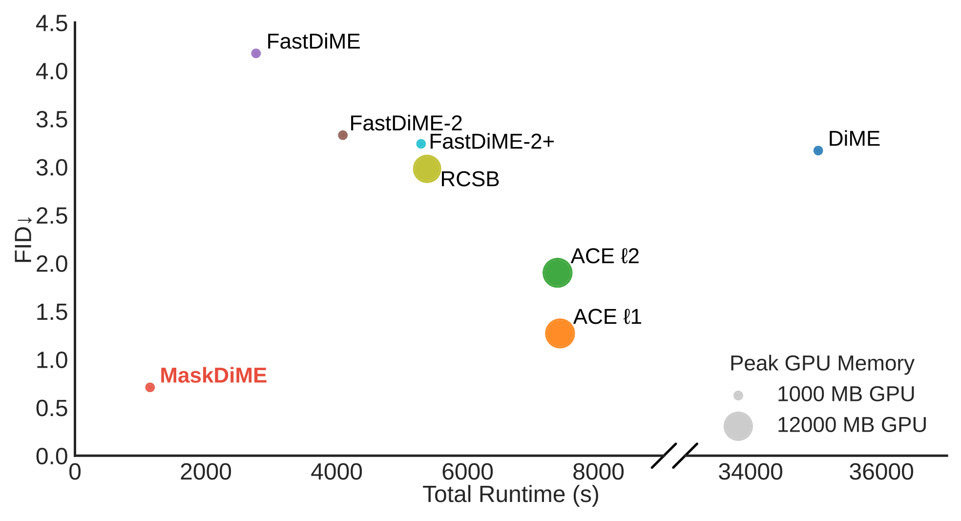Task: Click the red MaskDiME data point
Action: click(150, 387)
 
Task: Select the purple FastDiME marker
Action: click(256, 53)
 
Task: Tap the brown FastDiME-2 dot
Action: click(343, 135)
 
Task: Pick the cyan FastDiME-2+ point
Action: click(421, 144)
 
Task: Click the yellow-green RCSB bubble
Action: click(427, 169)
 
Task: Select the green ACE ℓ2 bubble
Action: click(557, 273)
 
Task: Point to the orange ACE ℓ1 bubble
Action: click(560, 333)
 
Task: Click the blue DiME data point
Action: click(818, 150)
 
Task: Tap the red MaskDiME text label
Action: click(213, 375)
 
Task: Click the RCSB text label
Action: click(470, 179)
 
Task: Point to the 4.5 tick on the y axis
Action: click(52, 23)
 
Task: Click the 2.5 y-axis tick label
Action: click(52, 216)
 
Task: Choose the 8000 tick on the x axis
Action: click(598, 472)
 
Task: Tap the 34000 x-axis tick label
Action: click(751, 472)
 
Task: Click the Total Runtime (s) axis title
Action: click(510, 495)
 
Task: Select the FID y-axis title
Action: click(23, 239)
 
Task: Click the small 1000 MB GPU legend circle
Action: click(738, 396)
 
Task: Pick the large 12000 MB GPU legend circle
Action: click(738, 426)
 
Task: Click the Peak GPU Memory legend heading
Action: click(822, 364)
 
